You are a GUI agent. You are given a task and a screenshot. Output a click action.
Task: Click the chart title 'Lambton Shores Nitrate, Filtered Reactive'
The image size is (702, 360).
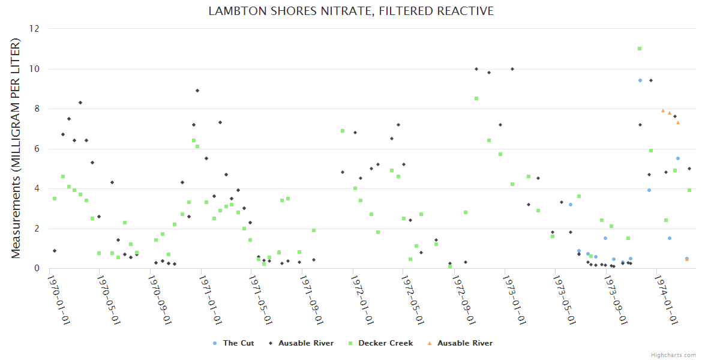351,11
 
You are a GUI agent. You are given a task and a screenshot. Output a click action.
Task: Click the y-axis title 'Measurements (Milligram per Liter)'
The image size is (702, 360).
16,148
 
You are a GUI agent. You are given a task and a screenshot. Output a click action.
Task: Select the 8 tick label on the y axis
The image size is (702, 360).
37,109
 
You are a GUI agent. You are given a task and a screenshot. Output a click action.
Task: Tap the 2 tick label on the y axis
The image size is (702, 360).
37,229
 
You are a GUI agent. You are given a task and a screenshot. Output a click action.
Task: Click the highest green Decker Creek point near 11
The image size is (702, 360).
640,49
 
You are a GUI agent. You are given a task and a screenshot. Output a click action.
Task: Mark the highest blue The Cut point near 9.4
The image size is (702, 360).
640,80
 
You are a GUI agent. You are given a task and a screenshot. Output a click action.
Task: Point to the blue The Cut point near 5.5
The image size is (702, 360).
678,158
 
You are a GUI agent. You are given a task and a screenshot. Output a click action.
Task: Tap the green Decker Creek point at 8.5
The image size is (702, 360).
476,98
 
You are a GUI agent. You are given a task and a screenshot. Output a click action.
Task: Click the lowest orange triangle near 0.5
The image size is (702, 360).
687,259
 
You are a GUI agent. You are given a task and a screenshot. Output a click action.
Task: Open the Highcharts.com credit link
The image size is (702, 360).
673,355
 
